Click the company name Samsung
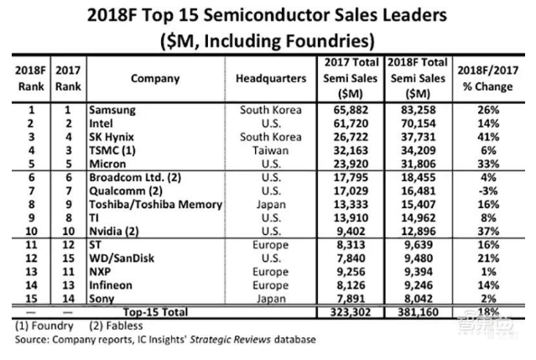[x=113, y=108]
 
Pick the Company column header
[x=154, y=79]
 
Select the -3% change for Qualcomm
[x=485, y=191]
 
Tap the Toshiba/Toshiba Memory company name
[x=144, y=203]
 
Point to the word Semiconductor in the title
[x=280, y=16]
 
